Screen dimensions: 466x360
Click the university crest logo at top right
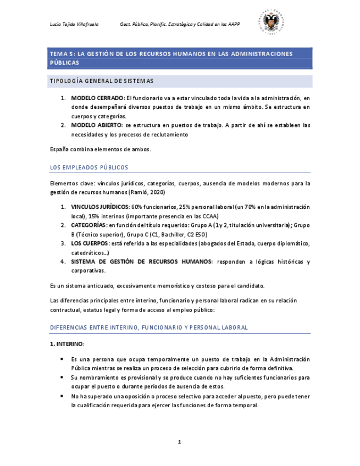coord(273,23)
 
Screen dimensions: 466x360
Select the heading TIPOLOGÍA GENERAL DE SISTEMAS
coord(101,81)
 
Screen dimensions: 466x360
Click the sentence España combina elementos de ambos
coord(100,149)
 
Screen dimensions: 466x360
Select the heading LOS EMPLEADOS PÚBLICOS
coord(89,167)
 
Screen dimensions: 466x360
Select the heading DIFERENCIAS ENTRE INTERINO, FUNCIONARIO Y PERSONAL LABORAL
coord(148,328)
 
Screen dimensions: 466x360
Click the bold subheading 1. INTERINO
coord(67,344)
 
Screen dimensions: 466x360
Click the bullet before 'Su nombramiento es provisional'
coord(62,378)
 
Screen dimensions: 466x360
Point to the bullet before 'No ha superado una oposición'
coord(62,396)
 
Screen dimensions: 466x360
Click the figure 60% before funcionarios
coord(137,207)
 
